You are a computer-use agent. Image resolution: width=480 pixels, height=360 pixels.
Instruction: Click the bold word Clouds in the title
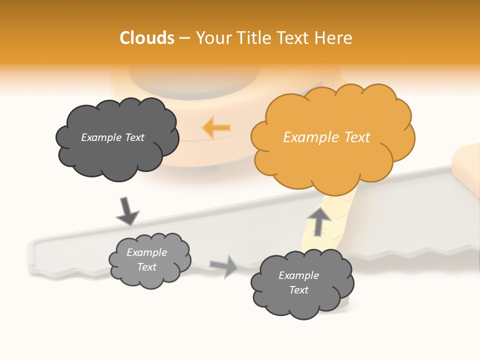tap(147, 38)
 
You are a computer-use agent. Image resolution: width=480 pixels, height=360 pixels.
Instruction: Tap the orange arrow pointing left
tap(217, 128)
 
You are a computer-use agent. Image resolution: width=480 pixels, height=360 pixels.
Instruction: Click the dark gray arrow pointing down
tap(127, 211)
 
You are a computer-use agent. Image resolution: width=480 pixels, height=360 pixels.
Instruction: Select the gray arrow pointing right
tap(224, 265)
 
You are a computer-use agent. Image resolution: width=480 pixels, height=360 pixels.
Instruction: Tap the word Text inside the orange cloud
tap(357, 137)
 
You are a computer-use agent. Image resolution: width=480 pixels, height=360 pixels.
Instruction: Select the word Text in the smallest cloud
tap(147, 267)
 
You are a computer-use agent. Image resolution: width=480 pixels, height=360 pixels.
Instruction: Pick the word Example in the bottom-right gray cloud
tap(298, 275)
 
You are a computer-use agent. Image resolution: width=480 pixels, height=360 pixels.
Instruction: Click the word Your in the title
tap(211, 38)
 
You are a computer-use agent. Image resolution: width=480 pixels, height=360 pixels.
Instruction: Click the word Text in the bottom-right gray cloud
tap(298, 290)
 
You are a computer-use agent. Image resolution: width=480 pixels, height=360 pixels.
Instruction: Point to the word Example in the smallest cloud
tap(147, 252)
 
